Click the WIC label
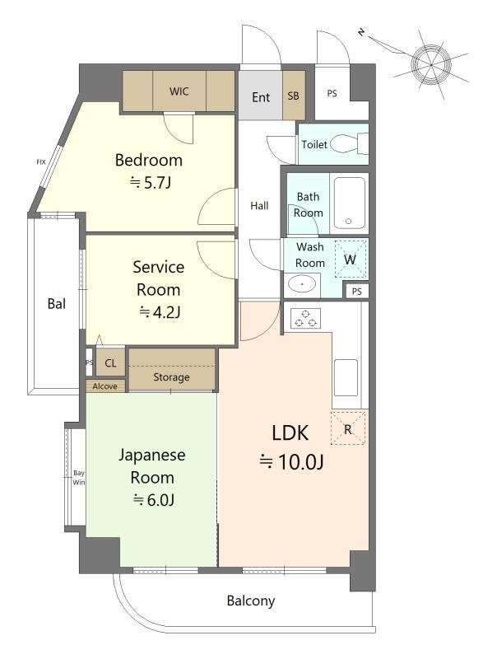point(179,91)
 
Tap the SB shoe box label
point(294,96)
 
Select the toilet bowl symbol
point(349,143)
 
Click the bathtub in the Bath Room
point(349,203)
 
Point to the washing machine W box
point(351,259)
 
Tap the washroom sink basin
point(302,284)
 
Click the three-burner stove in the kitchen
point(305,318)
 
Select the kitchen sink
point(346,378)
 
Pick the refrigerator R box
point(348,428)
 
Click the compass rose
point(431,65)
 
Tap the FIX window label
point(40,161)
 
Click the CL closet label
point(110,363)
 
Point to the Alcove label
point(105,386)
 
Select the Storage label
point(171,377)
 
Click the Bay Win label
point(78,478)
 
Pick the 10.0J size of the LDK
point(291,462)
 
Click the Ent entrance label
point(261,97)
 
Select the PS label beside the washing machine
point(357,292)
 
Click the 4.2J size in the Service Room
point(160,312)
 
